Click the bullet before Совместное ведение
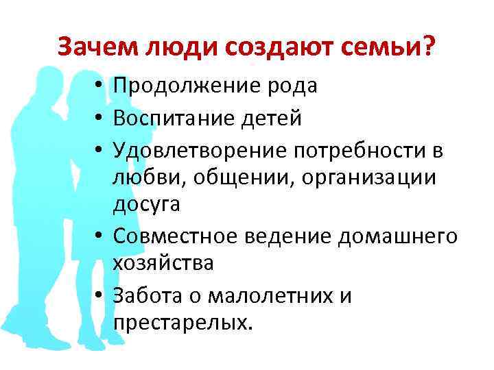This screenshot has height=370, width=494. [x=100, y=236]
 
